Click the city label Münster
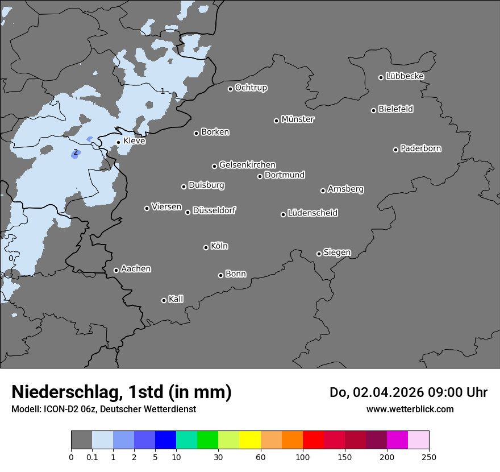tap(298, 119)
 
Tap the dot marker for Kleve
tap(119, 143)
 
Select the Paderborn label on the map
tap(420, 148)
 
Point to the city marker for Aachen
tap(116, 270)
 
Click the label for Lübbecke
tap(405, 76)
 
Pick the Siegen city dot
tap(319, 254)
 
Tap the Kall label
tap(176, 299)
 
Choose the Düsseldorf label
tap(214, 210)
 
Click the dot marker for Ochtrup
tap(230, 89)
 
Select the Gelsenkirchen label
tap(247, 165)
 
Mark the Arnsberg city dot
tap(323, 191)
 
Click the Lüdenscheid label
tap(312, 213)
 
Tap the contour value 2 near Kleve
tap(75, 152)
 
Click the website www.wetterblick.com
tap(410, 409)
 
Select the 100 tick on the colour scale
tap(303, 457)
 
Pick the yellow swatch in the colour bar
tap(250, 440)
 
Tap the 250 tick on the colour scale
tap(429, 457)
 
